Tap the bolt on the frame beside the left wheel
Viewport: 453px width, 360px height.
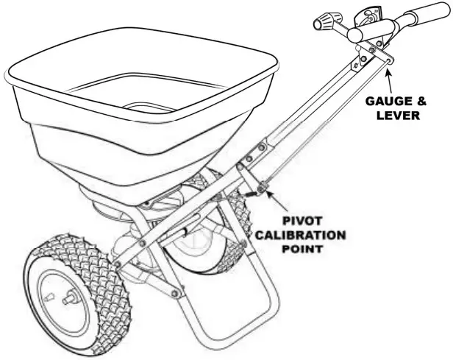coord(117,264)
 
